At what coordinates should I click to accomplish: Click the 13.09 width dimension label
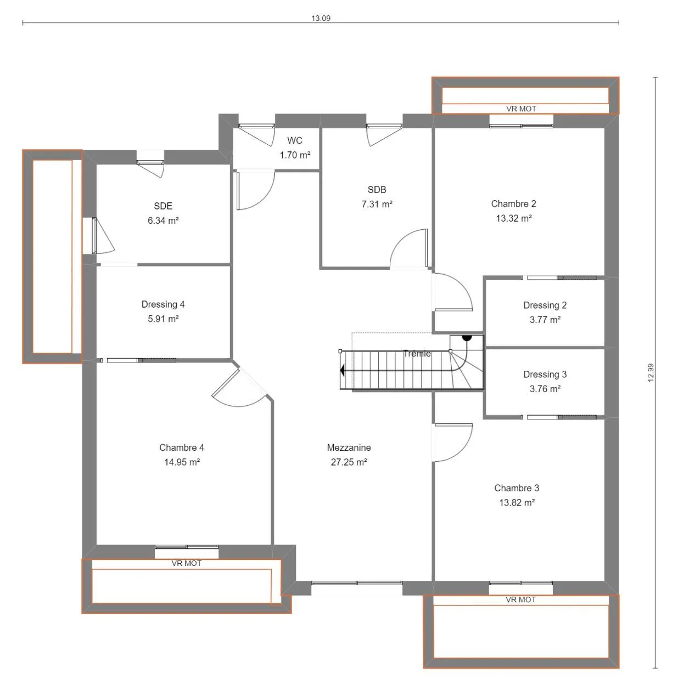point(320,18)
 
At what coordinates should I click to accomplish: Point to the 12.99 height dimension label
point(651,372)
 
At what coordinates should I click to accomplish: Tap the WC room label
point(294,140)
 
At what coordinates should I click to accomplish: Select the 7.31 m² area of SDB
point(377,204)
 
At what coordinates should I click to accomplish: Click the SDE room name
point(163,206)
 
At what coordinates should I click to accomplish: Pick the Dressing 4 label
point(163,304)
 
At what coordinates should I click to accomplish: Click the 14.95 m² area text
point(182,462)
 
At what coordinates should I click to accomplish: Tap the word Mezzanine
point(349,447)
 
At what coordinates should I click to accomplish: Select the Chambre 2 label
point(513,203)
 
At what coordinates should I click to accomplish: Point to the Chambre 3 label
point(517,488)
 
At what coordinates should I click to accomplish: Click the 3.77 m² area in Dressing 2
point(545,320)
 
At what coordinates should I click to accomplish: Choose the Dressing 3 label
point(545,374)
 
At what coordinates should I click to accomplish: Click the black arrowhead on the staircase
point(342,370)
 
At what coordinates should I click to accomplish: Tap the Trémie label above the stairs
point(417,354)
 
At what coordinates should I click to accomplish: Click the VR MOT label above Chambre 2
point(521,109)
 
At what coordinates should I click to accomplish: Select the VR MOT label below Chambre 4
point(186,563)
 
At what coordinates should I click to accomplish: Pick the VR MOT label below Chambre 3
point(520,599)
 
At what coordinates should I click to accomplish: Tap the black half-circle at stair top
point(467,337)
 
